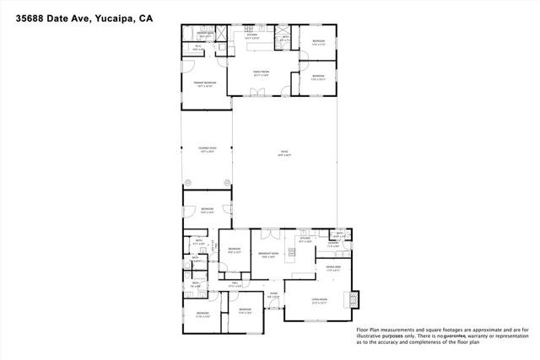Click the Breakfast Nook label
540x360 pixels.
(270, 255)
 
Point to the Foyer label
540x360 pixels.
(273, 295)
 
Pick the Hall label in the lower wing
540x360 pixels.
(237, 284)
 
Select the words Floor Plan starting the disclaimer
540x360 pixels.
(370, 330)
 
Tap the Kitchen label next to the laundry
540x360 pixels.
(305, 240)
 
